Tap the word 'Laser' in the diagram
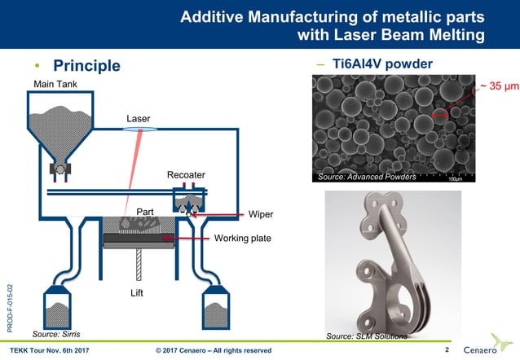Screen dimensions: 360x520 139,119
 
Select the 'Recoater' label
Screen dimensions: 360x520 186,175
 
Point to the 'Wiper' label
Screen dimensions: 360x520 261,214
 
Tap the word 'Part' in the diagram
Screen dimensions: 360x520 145,213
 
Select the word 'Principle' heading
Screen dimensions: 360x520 86,65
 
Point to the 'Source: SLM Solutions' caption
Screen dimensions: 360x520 366,335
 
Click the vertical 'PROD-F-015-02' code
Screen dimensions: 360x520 9,305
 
